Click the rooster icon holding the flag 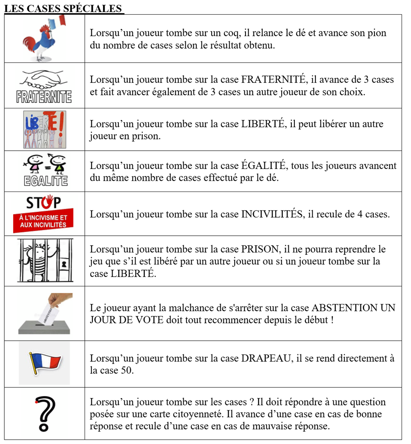[x=44, y=39]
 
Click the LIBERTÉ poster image [x=44, y=129]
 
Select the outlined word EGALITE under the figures [x=44, y=181]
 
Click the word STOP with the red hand [x=44, y=203]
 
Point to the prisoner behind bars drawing [x=44, y=261]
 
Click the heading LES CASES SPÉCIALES [x=63, y=8]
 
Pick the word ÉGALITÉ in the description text [x=257, y=166]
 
